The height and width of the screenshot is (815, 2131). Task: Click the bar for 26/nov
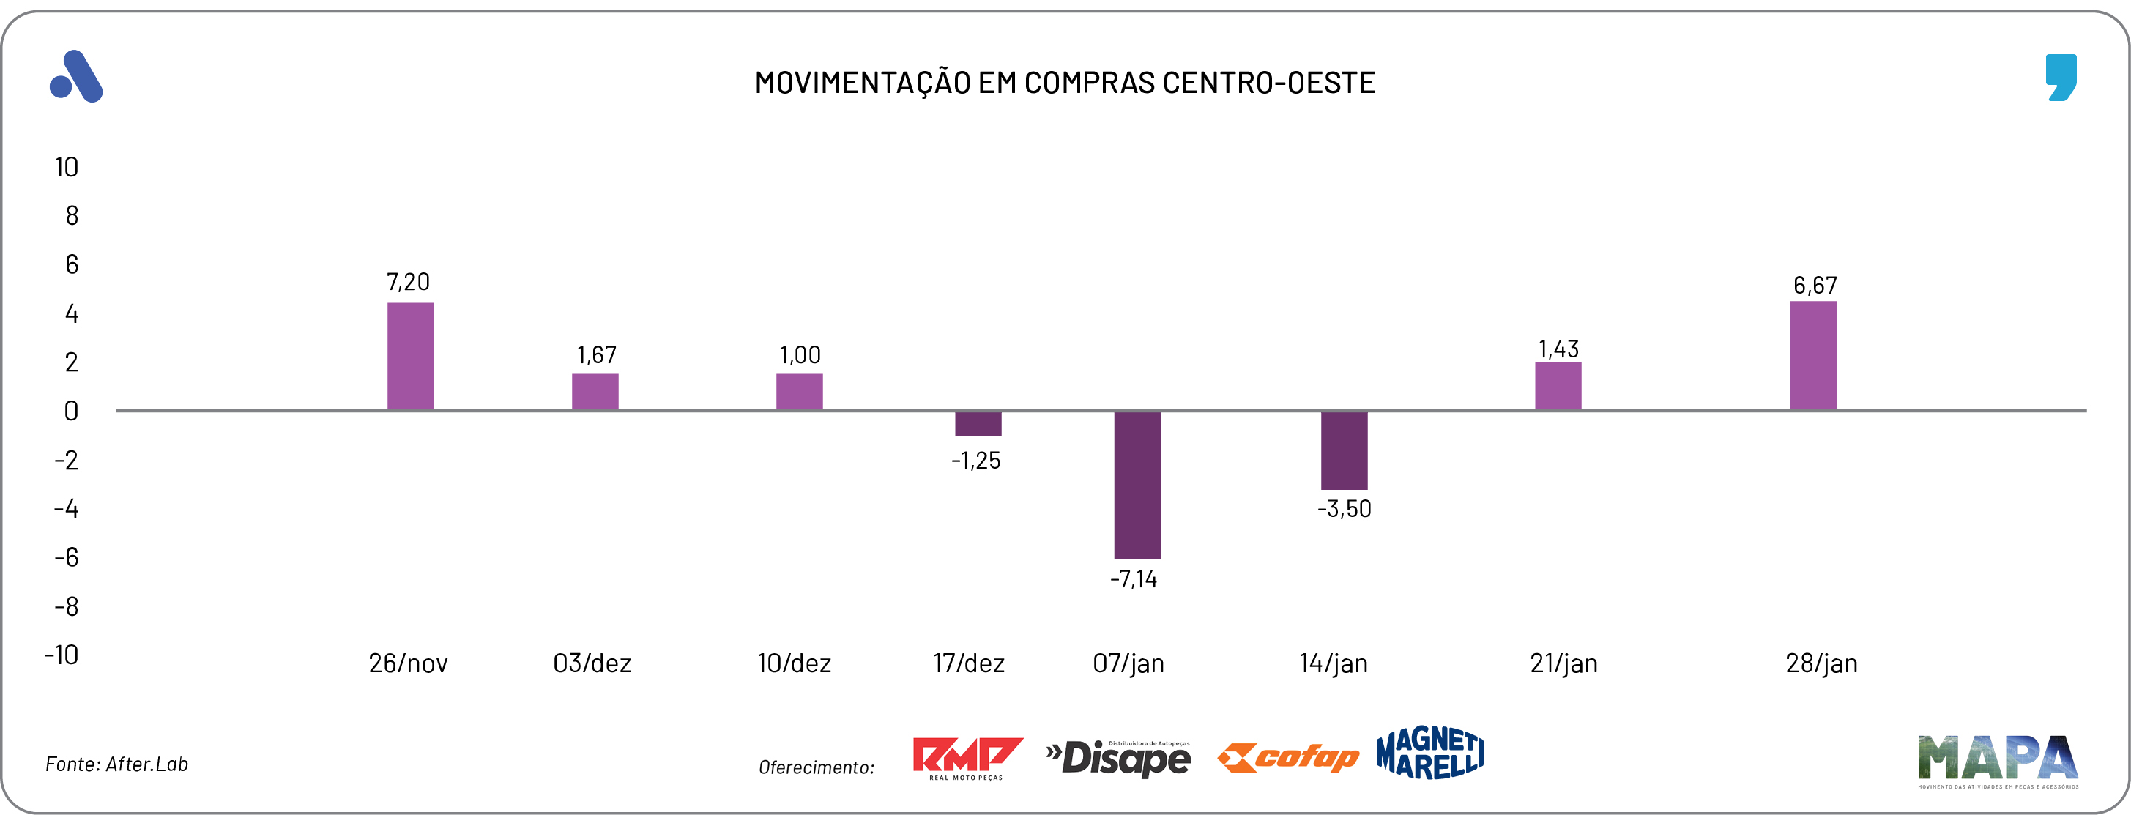[x=410, y=357]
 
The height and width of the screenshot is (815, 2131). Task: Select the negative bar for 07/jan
[x=1137, y=485]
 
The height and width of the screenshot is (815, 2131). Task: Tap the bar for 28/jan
[x=1812, y=356]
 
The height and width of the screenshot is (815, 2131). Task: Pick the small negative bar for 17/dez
[x=978, y=424]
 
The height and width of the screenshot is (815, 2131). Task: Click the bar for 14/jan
[x=1344, y=450]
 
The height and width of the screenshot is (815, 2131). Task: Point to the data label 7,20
[x=408, y=282]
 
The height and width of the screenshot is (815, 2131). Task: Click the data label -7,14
[x=1134, y=579]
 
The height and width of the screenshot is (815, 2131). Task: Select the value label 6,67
[x=1814, y=286]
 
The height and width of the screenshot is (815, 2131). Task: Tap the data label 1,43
[x=1558, y=349]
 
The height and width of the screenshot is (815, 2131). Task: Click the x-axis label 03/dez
[x=592, y=663]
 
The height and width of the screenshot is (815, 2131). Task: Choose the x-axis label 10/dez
[x=794, y=663]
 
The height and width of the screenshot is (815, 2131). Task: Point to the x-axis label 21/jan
[x=1563, y=663]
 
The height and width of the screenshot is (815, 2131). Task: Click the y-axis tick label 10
[x=66, y=168]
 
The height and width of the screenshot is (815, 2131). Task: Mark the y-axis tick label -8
[x=66, y=606]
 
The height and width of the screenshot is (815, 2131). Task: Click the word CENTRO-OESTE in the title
[x=1268, y=83]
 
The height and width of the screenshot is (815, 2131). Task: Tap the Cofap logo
[x=1287, y=757]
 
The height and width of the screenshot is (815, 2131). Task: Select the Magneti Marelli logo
[x=1429, y=753]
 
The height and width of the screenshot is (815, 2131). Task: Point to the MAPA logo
[x=1997, y=759]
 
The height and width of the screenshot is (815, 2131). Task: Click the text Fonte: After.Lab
[x=116, y=764]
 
